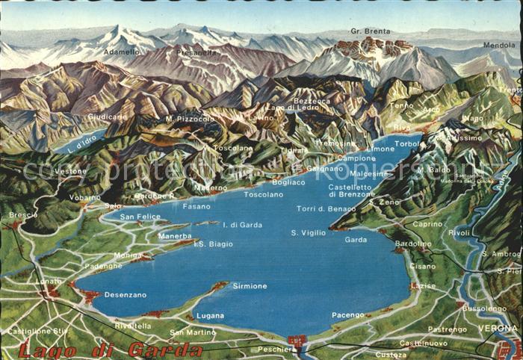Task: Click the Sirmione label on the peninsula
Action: click(x=250, y=286)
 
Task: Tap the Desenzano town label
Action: click(x=125, y=294)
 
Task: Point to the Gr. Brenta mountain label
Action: click(x=371, y=31)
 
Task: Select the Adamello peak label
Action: click(x=121, y=52)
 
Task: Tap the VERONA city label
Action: click(x=499, y=328)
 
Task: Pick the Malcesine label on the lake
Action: click(x=369, y=173)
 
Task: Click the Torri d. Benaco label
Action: click(x=327, y=208)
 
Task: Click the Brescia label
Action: click(x=23, y=214)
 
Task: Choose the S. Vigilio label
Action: click(x=309, y=232)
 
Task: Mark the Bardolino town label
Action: click(x=412, y=243)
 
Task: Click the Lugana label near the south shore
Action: click(x=210, y=315)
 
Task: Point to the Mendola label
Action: click(x=499, y=45)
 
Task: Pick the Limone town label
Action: click(x=380, y=149)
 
